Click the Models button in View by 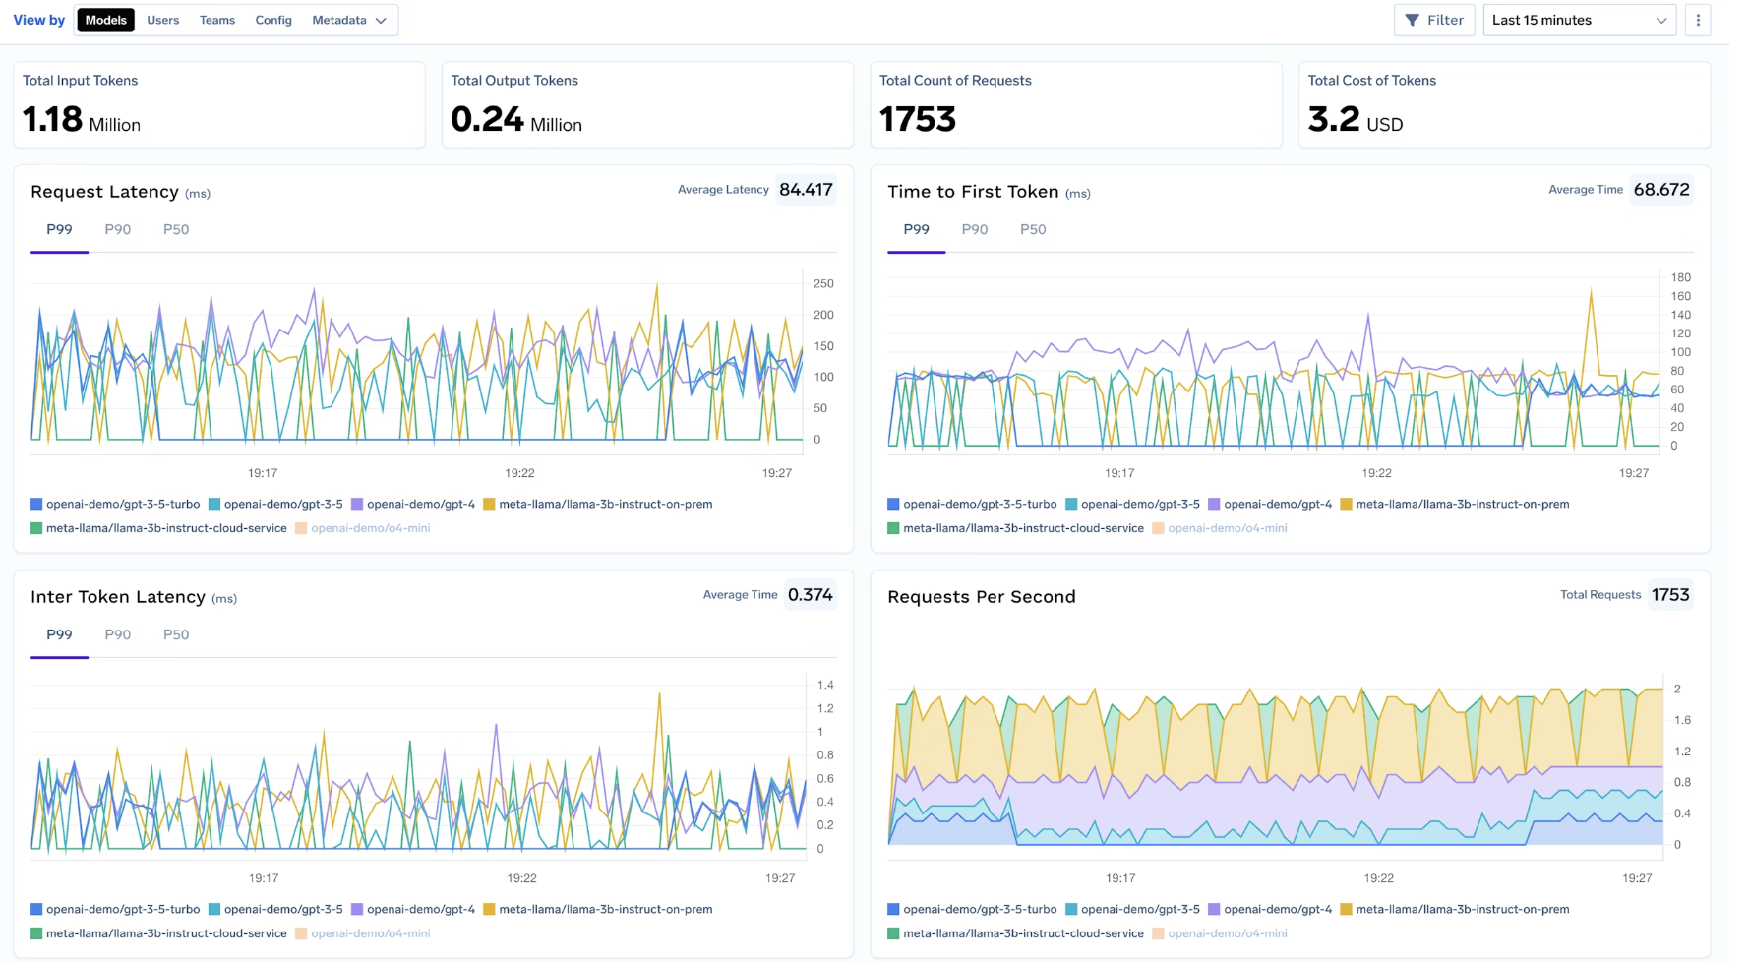(x=105, y=20)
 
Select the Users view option (x=162, y=20)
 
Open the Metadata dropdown (x=348, y=20)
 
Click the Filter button (x=1434, y=20)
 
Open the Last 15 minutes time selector (x=1579, y=20)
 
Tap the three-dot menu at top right (x=1698, y=20)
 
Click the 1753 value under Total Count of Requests (x=918, y=119)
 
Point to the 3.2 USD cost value (x=1355, y=120)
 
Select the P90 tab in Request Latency (x=118, y=229)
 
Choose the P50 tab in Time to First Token (x=1033, y=229)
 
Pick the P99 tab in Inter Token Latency (x=59, y=634)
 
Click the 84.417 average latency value (x=806, y=190)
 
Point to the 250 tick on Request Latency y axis (x=823, y=283)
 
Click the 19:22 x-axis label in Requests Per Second (x=1378, y=878)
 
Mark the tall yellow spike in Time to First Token (x=1591, y=292)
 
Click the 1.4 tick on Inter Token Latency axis (x=825, y=685)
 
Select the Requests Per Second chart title (x=981, y=597)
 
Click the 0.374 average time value (x=810, y=595)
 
